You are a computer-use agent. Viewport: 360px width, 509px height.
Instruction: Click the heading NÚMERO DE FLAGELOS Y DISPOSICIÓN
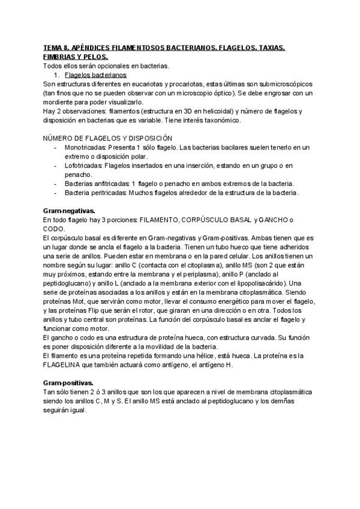103,139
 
